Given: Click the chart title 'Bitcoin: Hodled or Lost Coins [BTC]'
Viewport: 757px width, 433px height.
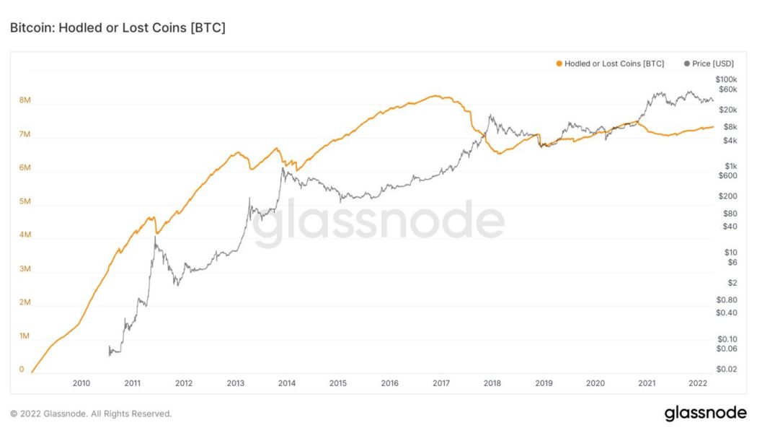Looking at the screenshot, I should (x=118, y=27).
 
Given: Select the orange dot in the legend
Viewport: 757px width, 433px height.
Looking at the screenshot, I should (x=559, y=64).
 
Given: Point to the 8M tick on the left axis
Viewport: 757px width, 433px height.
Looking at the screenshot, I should (x=24, y=101).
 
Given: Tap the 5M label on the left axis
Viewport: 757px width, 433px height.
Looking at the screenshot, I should (x=24, y=201).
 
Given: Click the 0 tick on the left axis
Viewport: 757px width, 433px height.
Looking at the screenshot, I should (x=22, y=369).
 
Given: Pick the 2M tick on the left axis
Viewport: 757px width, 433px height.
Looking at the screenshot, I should (x=24, y=302).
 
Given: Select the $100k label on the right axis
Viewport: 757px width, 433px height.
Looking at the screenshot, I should (x=725, y=79).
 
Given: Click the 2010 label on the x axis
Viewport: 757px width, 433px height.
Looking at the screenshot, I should (x=81, y=383).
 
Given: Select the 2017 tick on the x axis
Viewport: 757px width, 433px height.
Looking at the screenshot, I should (x=441, y=383).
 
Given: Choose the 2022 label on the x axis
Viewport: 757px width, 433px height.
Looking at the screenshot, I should (x=697, y=383).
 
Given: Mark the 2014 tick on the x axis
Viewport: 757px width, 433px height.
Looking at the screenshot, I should (x=286, y=383).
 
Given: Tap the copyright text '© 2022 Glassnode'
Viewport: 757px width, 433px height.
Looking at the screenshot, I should (x=91, y=414).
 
